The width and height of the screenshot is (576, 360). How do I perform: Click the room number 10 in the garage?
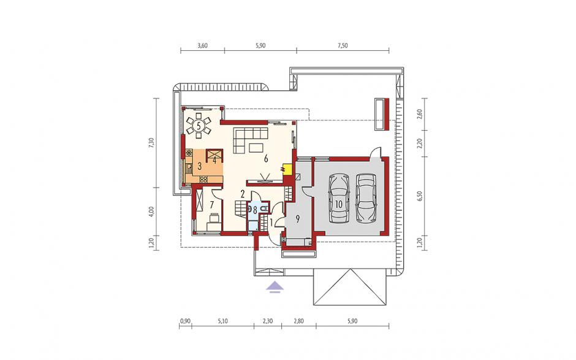point(338,204)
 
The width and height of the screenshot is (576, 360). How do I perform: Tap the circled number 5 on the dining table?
point(199,126)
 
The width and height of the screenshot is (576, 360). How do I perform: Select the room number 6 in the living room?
point(266,159)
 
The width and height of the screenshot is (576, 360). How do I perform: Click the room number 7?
point(211,204)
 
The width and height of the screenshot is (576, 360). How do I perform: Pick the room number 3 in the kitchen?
point(199,166)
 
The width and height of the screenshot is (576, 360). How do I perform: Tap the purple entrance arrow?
point(275,286)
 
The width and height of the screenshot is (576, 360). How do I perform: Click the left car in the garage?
point(339,198)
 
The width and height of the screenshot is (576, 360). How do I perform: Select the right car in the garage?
point(366,198)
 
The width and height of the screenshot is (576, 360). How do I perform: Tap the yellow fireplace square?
point(287,169)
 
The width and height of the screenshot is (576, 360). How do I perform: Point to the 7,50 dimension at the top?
point(343,46)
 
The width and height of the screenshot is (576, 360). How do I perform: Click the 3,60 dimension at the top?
point(203,46)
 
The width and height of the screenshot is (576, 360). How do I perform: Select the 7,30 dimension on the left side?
point(150,142)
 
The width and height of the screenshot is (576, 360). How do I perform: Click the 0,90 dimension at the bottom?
point(185,321)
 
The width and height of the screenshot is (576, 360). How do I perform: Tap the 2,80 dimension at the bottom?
point(299,321)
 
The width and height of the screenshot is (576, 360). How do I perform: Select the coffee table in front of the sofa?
point(256,148)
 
